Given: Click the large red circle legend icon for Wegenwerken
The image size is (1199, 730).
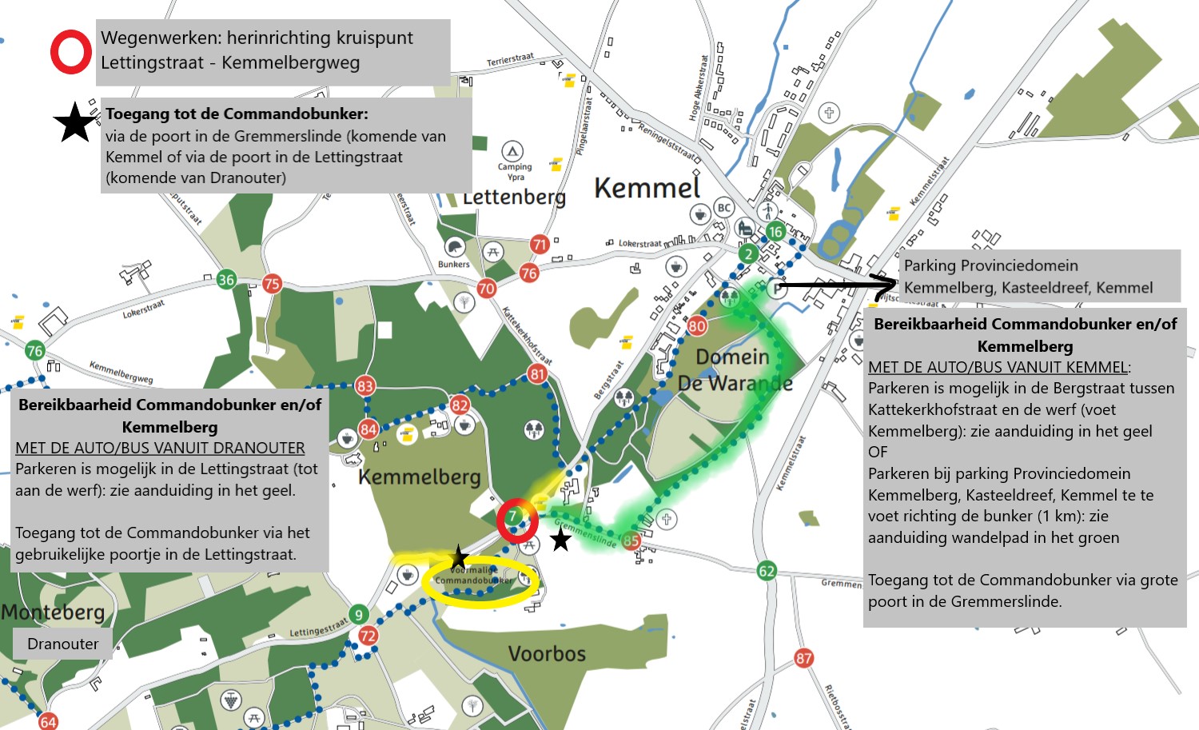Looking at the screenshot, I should coord(71,52).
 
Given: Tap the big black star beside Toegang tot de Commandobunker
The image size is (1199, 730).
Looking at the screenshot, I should coord(75,123).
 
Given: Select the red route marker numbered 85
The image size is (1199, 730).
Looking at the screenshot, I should coord(631,541).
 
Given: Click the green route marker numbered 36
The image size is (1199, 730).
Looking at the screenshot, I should coord(226,279).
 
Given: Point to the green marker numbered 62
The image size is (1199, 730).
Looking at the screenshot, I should coord(767,570).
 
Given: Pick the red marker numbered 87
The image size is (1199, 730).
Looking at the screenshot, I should coord(803,658).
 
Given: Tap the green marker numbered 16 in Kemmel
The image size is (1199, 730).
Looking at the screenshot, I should coord(775,232).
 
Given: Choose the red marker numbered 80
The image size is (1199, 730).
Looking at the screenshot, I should coord(697,325).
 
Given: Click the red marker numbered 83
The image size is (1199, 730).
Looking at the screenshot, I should coord(364,386).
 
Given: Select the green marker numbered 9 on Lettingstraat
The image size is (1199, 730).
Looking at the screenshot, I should coord(358,614).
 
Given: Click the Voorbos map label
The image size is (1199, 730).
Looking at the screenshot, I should coord(547,654).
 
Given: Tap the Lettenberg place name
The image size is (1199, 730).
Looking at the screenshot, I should coord(514,197).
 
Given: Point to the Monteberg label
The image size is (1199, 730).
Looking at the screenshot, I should coord(53,612).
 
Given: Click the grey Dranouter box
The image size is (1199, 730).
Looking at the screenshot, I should coord(62,644).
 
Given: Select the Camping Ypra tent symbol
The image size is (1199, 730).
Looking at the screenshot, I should coord(512,151).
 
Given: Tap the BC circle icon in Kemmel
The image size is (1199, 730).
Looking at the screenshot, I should coord(723,208).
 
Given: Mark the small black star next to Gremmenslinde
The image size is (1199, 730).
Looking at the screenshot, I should coord(561,540).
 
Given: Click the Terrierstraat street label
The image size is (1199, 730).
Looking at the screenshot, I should coord(510,60).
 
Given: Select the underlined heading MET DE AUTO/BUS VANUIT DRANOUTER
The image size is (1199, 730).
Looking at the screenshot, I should coord(160,448).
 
